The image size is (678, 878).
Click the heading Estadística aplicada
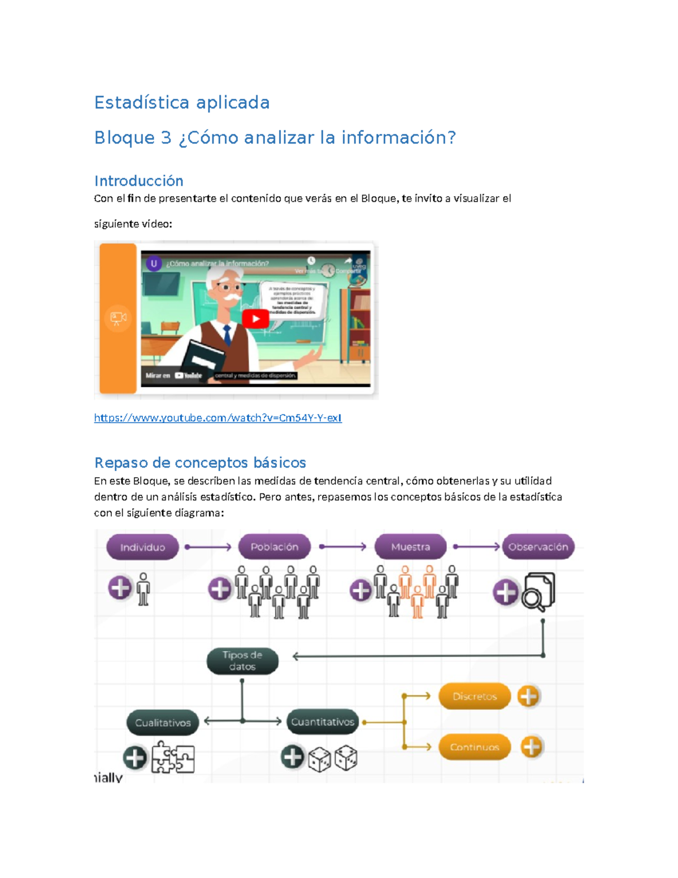[x=181, y=102]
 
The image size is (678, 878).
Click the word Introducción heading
[x=138, y=181]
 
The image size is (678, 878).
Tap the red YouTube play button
[x=255, y=319]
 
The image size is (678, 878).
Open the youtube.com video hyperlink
[x=218, y=418]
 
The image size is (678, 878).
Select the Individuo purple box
[x=142, y=547]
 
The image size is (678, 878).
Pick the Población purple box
[x=275, y=547]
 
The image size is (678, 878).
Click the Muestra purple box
[x=411, y=547]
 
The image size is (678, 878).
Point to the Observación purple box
[x=538, y=547]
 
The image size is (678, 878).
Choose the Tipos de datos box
[x=242, y=661]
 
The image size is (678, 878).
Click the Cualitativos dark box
[x=163, y=723]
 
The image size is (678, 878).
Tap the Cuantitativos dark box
[x=323, y=722]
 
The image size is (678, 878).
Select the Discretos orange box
[x=475, y=697]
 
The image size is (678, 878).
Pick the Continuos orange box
[x=475, y=747]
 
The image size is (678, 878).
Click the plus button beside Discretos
[x=529, y=697]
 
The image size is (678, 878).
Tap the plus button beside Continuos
[x=531, y=747]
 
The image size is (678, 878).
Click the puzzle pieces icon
[x=173, y=758]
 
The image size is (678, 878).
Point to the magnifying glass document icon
[x=538, y=592]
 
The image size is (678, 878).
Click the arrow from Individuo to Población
[x=208, y=547]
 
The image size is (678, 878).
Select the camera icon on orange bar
[x=118, y=318]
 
